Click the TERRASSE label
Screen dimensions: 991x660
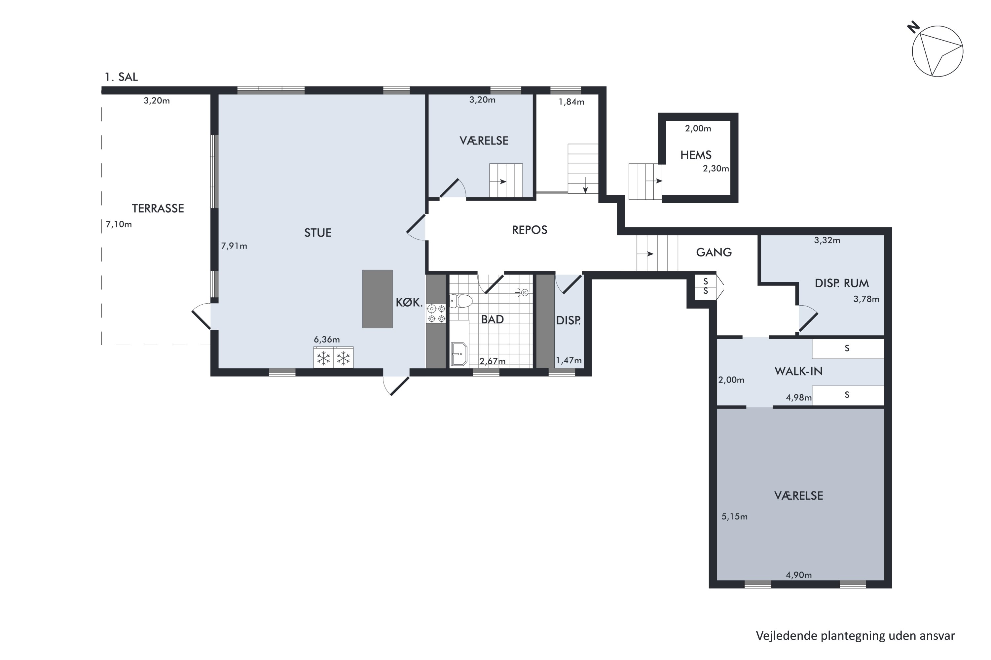[158, 208]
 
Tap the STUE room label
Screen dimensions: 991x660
[318, 233]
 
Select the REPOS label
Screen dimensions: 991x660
[530, 230]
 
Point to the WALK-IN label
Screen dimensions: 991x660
[798, 371]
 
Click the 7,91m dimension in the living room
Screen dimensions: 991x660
[234, 246]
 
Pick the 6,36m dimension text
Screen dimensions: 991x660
[327, 339]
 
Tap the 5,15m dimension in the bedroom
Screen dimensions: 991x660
[734, 516]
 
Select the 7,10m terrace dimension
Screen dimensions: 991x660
[119, 224]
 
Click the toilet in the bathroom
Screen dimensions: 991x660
[460, 301]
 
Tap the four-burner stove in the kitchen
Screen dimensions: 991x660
[436, 313]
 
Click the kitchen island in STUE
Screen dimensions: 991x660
[378, 299]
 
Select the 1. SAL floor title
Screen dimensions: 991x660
[121, 77]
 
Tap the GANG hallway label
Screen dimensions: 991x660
[714, 252]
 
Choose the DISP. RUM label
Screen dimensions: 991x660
[841, 283]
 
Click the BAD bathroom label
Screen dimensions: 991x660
[493, 319]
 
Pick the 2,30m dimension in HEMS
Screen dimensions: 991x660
[716, 169]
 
